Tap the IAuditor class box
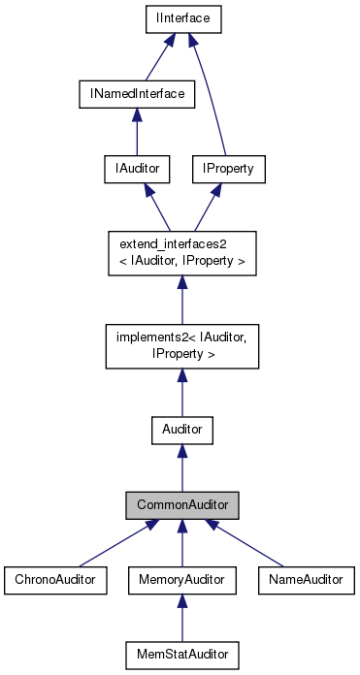point(137,169)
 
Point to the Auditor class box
point(181,427)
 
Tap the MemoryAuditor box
point(181,579)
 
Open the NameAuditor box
point(307,579)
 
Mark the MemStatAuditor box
point(181,655)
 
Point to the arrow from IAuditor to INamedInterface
point(137,132)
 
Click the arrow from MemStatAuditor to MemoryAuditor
point(181,618)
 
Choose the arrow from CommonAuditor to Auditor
point(181,466)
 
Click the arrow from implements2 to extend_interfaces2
point(181,301)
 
